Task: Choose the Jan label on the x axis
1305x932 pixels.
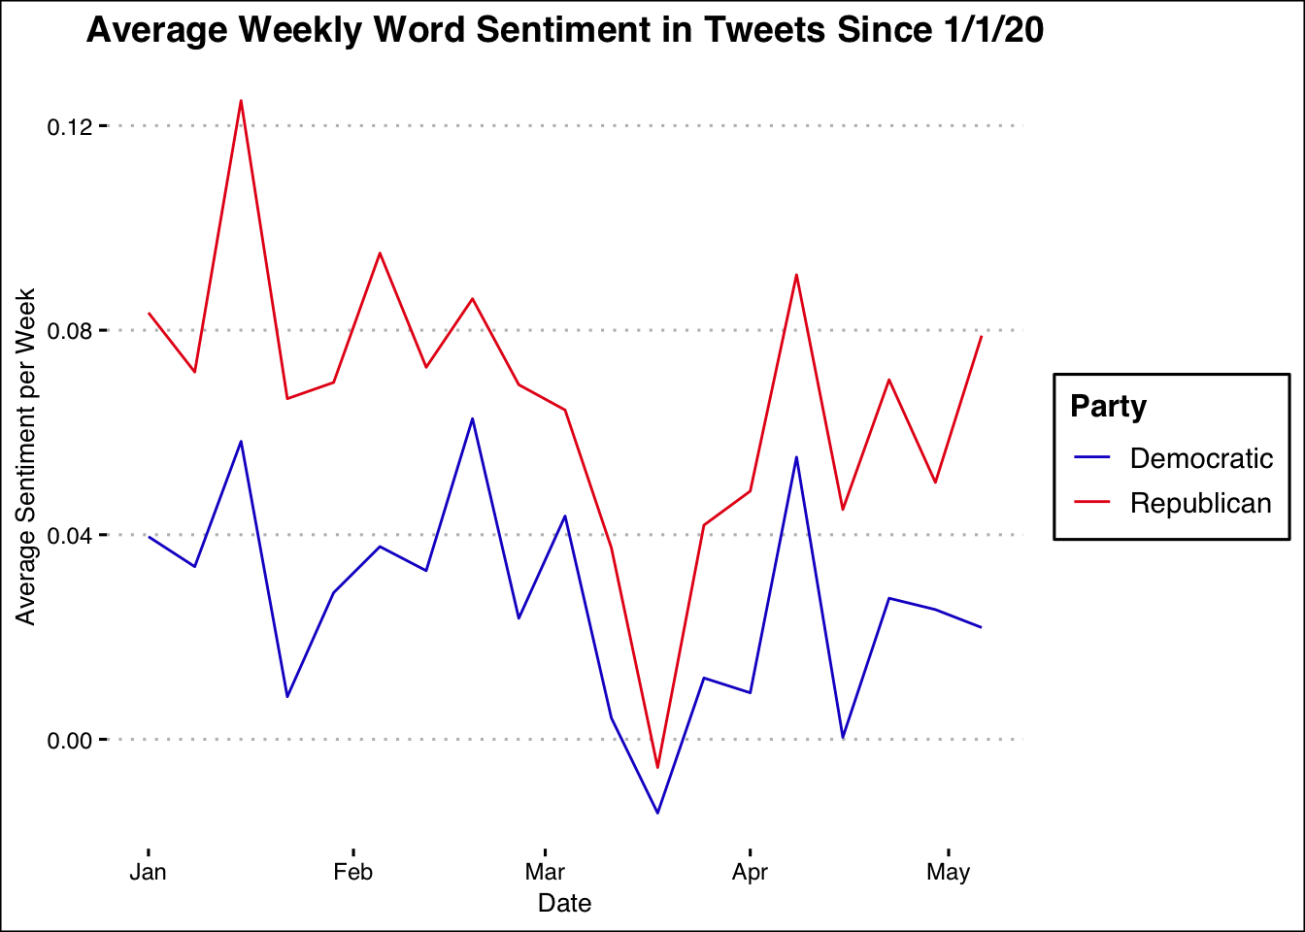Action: [x=148, y=872]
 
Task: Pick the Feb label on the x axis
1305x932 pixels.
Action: [x=352, y=872]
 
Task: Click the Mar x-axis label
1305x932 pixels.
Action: [x=545, y=872]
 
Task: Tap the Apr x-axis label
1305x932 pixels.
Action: [x=750, y=872]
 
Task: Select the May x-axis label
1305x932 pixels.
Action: [x=948, y=872]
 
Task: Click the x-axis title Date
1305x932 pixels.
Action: [x=564, y=904]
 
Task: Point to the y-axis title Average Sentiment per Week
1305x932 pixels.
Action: [x=26, y=456]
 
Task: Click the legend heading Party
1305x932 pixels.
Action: [x=1108, y=406]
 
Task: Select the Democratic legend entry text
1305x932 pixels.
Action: [x=1201, y=458]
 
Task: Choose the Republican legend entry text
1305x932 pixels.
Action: [x=1200, y=503]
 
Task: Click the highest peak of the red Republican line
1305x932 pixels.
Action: [x=241, y=101]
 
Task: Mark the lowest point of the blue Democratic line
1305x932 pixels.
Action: [x=657, y=813]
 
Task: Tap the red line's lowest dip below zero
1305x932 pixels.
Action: [x=657, y=768]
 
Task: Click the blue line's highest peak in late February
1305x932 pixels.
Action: [x=472, y=418]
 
